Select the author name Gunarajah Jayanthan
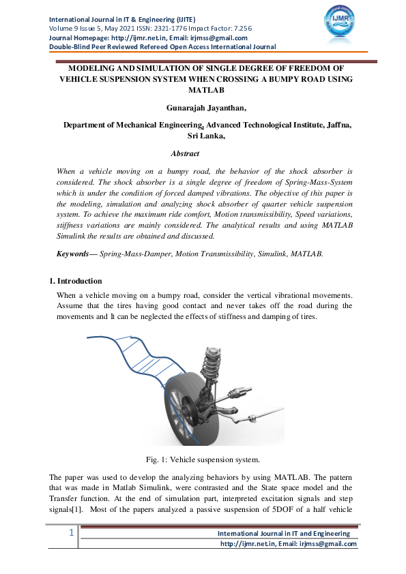(203, 108)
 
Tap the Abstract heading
(185, 154)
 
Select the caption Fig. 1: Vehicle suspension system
(203, 459)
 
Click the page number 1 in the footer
(70, 534)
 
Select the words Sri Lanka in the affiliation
(202, 136)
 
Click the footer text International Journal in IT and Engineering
(283, 533)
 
